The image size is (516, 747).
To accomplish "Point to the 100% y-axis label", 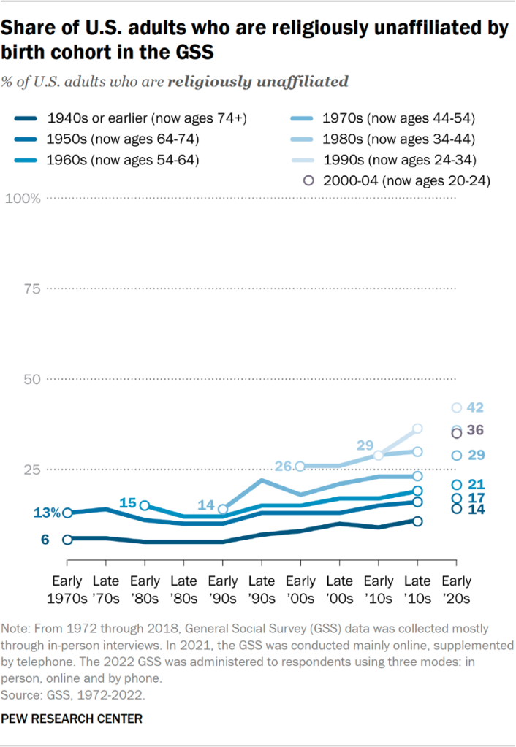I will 23,199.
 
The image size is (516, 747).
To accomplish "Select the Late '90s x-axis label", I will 261,589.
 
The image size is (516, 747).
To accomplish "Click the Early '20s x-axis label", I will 456,589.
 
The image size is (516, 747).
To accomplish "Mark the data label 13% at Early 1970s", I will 46,513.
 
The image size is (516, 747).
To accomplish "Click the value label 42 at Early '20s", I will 476,407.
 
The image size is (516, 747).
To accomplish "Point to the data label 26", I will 284,466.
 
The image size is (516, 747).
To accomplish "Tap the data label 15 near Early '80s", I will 129,503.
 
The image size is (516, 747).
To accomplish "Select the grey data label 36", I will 476,431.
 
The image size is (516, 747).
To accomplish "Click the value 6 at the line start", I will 45,540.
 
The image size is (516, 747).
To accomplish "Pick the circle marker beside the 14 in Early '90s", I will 223,510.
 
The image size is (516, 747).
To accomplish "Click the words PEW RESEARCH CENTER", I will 72,719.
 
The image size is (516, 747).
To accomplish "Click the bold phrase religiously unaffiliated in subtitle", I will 257,82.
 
